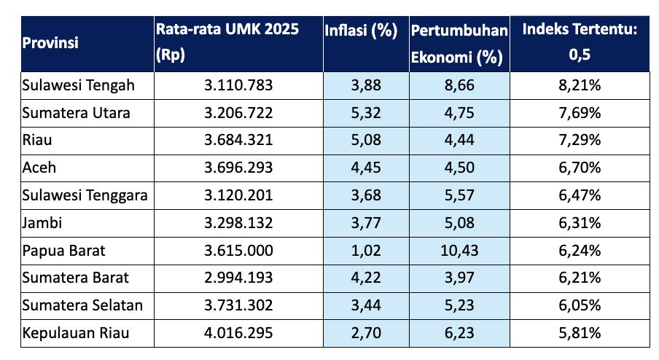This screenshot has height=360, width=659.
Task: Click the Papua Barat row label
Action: [x=64, y=251]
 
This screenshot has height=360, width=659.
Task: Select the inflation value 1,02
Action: [x=366, y=251]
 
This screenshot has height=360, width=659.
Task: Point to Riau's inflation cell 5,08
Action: [x=366, y=141]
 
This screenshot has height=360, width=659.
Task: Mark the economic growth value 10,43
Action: [x=459, y=251]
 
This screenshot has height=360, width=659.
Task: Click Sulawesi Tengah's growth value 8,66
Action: [x=459, y=85]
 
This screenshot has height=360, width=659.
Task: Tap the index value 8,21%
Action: [x=580, y=85]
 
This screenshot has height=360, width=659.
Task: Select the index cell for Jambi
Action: [x=580, y=223]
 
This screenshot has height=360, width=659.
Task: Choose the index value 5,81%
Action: [x=580, y=333]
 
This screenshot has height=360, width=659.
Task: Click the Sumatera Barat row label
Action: [x=76, y=278]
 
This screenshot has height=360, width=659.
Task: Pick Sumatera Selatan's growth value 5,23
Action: [x=459, y=305]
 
